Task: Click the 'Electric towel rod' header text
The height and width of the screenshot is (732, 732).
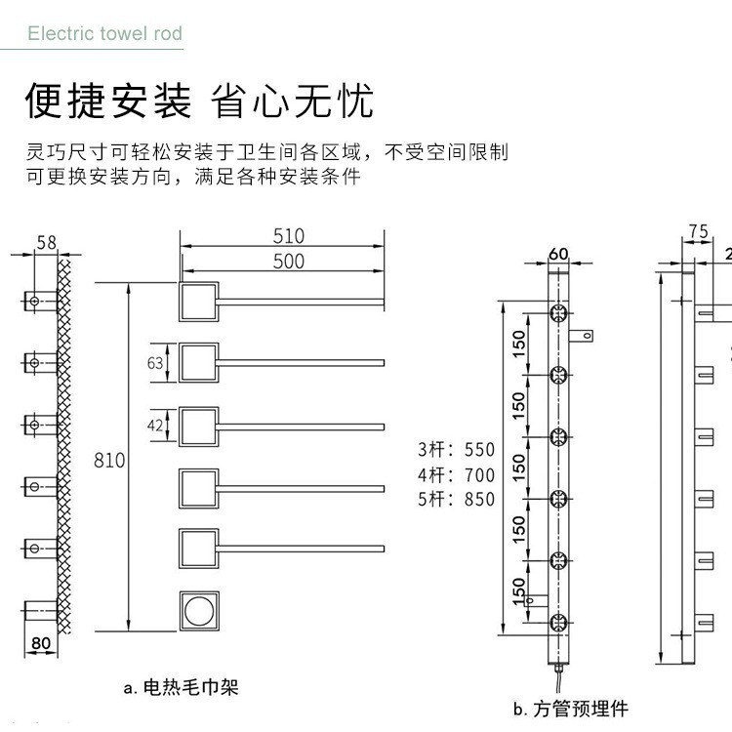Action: (104, 34)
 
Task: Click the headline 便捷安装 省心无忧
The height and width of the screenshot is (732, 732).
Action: (199, 101)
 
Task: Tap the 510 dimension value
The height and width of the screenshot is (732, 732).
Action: (289, 236)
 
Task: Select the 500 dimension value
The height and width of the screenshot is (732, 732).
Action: (289, 262)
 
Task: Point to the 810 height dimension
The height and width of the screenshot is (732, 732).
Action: (109, 459)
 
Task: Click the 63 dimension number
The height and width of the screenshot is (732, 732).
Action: (155, 364)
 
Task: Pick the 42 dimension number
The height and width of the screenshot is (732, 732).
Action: (155, 426)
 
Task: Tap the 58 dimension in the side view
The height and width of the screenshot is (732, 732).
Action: (46, 241)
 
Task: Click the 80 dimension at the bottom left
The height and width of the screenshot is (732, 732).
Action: (41, 643)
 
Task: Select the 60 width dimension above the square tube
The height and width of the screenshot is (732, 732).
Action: (558, 254)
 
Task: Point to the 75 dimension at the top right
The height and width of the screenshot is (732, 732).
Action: (698, 231)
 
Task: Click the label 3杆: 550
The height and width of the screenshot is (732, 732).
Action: (456, 451)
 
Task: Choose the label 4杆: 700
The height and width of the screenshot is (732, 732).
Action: (456, 475)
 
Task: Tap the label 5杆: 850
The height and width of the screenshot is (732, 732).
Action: (456, 500)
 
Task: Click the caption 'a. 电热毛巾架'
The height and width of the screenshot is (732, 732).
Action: (182, 687)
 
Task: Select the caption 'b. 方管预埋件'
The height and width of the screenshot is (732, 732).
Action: (571, 709)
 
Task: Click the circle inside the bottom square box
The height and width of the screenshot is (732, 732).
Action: (198, 612)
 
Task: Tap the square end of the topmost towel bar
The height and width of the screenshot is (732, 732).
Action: (198, 302)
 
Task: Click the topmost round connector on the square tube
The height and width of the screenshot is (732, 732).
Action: (558, 313)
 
